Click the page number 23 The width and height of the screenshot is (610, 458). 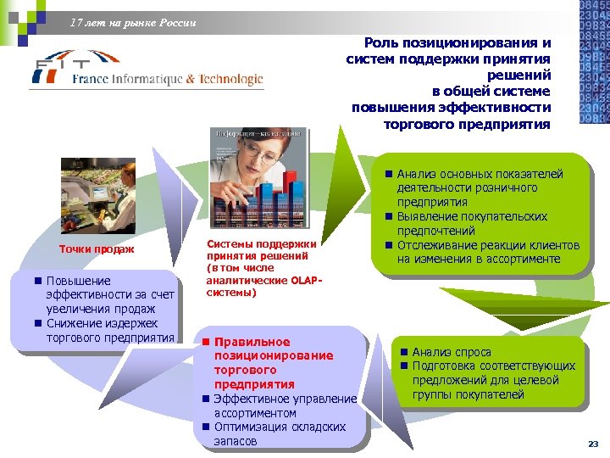pos(592,444)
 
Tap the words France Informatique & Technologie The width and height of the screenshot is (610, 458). pos(167,79)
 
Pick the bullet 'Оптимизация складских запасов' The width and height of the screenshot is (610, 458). pos(279,434)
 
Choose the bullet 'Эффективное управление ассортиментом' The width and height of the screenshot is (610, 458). pos(284,405)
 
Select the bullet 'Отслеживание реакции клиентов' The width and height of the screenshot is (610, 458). pos(484,252)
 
